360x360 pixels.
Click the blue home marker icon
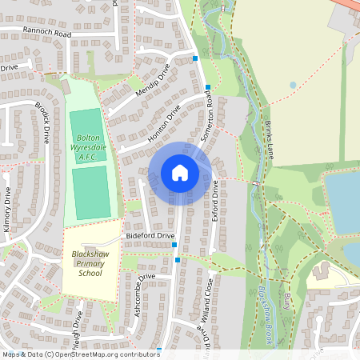[x=180, y=173]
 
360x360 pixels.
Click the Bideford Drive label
[x=150, y=237]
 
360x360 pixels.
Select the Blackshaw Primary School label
[x=90, y=263]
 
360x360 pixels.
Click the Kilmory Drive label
[x=7, y=210]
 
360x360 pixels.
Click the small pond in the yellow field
[x=293, y=84]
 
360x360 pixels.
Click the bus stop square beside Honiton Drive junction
[x=208, y=87]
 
